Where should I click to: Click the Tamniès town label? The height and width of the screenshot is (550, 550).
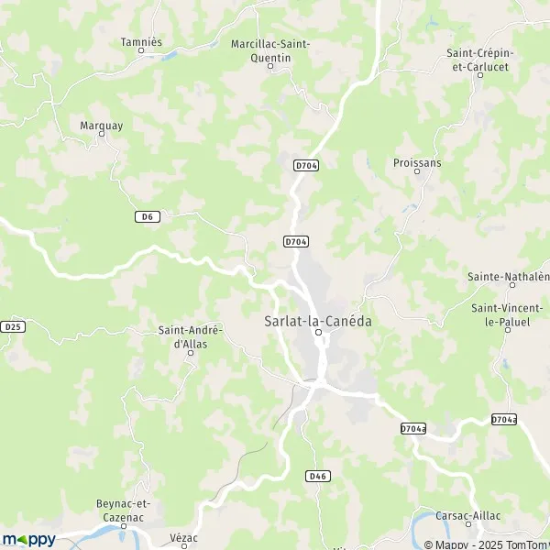(141, 41)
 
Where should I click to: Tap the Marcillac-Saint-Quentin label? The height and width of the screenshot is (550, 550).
(270, 50)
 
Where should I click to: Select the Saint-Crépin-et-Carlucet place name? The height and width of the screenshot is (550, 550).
(479, 59)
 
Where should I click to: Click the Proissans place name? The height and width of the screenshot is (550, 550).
(417, 162)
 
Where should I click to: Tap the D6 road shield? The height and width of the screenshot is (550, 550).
(147, 216)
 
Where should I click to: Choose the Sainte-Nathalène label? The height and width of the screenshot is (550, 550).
(508, 276)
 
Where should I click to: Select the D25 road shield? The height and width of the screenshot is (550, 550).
(12, 326)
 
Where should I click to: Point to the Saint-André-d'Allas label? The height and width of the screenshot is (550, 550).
(190, 336)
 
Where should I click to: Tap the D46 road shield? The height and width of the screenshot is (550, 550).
(318, 476)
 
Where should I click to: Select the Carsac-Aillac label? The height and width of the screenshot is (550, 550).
(468, 516)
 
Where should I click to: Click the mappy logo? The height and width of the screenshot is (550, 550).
(28, 539)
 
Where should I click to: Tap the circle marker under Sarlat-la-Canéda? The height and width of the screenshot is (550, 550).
(318, 333)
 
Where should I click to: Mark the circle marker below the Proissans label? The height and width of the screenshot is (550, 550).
(417, 172)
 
